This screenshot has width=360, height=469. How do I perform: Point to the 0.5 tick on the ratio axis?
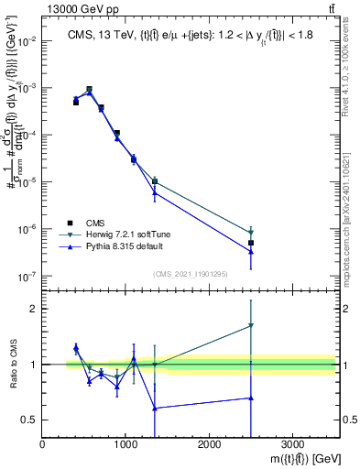pos(29,420)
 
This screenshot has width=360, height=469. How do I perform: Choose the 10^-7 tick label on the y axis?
pos(26,276)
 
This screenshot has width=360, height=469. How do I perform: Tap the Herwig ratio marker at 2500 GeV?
pos(251,325)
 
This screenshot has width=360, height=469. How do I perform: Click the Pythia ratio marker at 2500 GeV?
pos(251,398)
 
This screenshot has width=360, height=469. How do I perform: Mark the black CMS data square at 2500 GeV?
pos(251,243)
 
